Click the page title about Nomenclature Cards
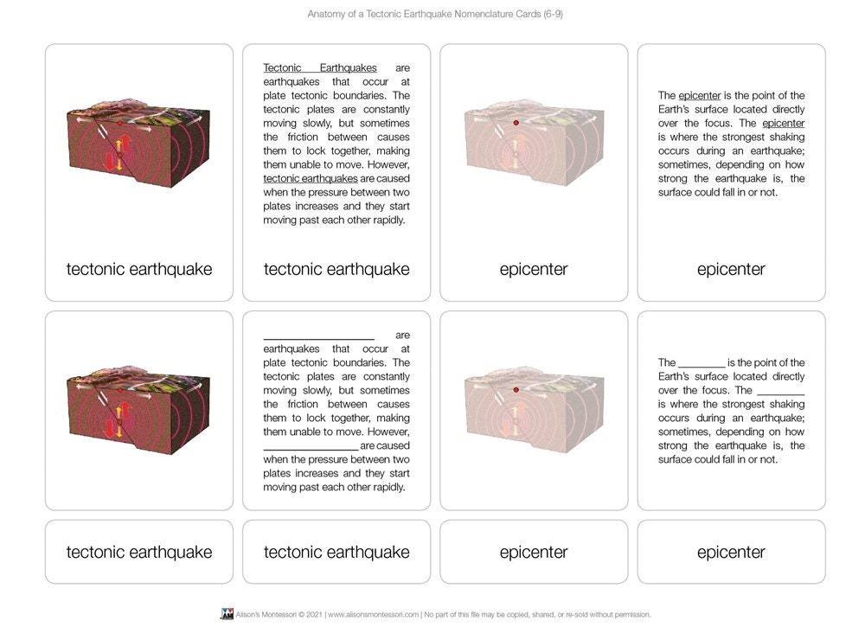click(435, 14)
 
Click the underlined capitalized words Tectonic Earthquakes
click(320, 67)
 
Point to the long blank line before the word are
click(318, 336)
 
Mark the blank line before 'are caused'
click(311, 446)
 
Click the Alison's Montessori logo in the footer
click(227, 614)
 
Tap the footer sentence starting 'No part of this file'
click(537, 614)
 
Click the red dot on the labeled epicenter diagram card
click(516, 123)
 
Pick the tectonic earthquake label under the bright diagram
click(139, 269)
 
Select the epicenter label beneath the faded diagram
click(534, 269)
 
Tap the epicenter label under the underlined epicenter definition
click(731, 269)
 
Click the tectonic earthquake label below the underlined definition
click(336, 269)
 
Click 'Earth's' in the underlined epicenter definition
click(677, 109)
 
